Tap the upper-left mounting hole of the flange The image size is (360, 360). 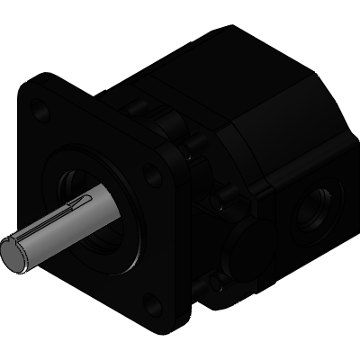tap(37, 112)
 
